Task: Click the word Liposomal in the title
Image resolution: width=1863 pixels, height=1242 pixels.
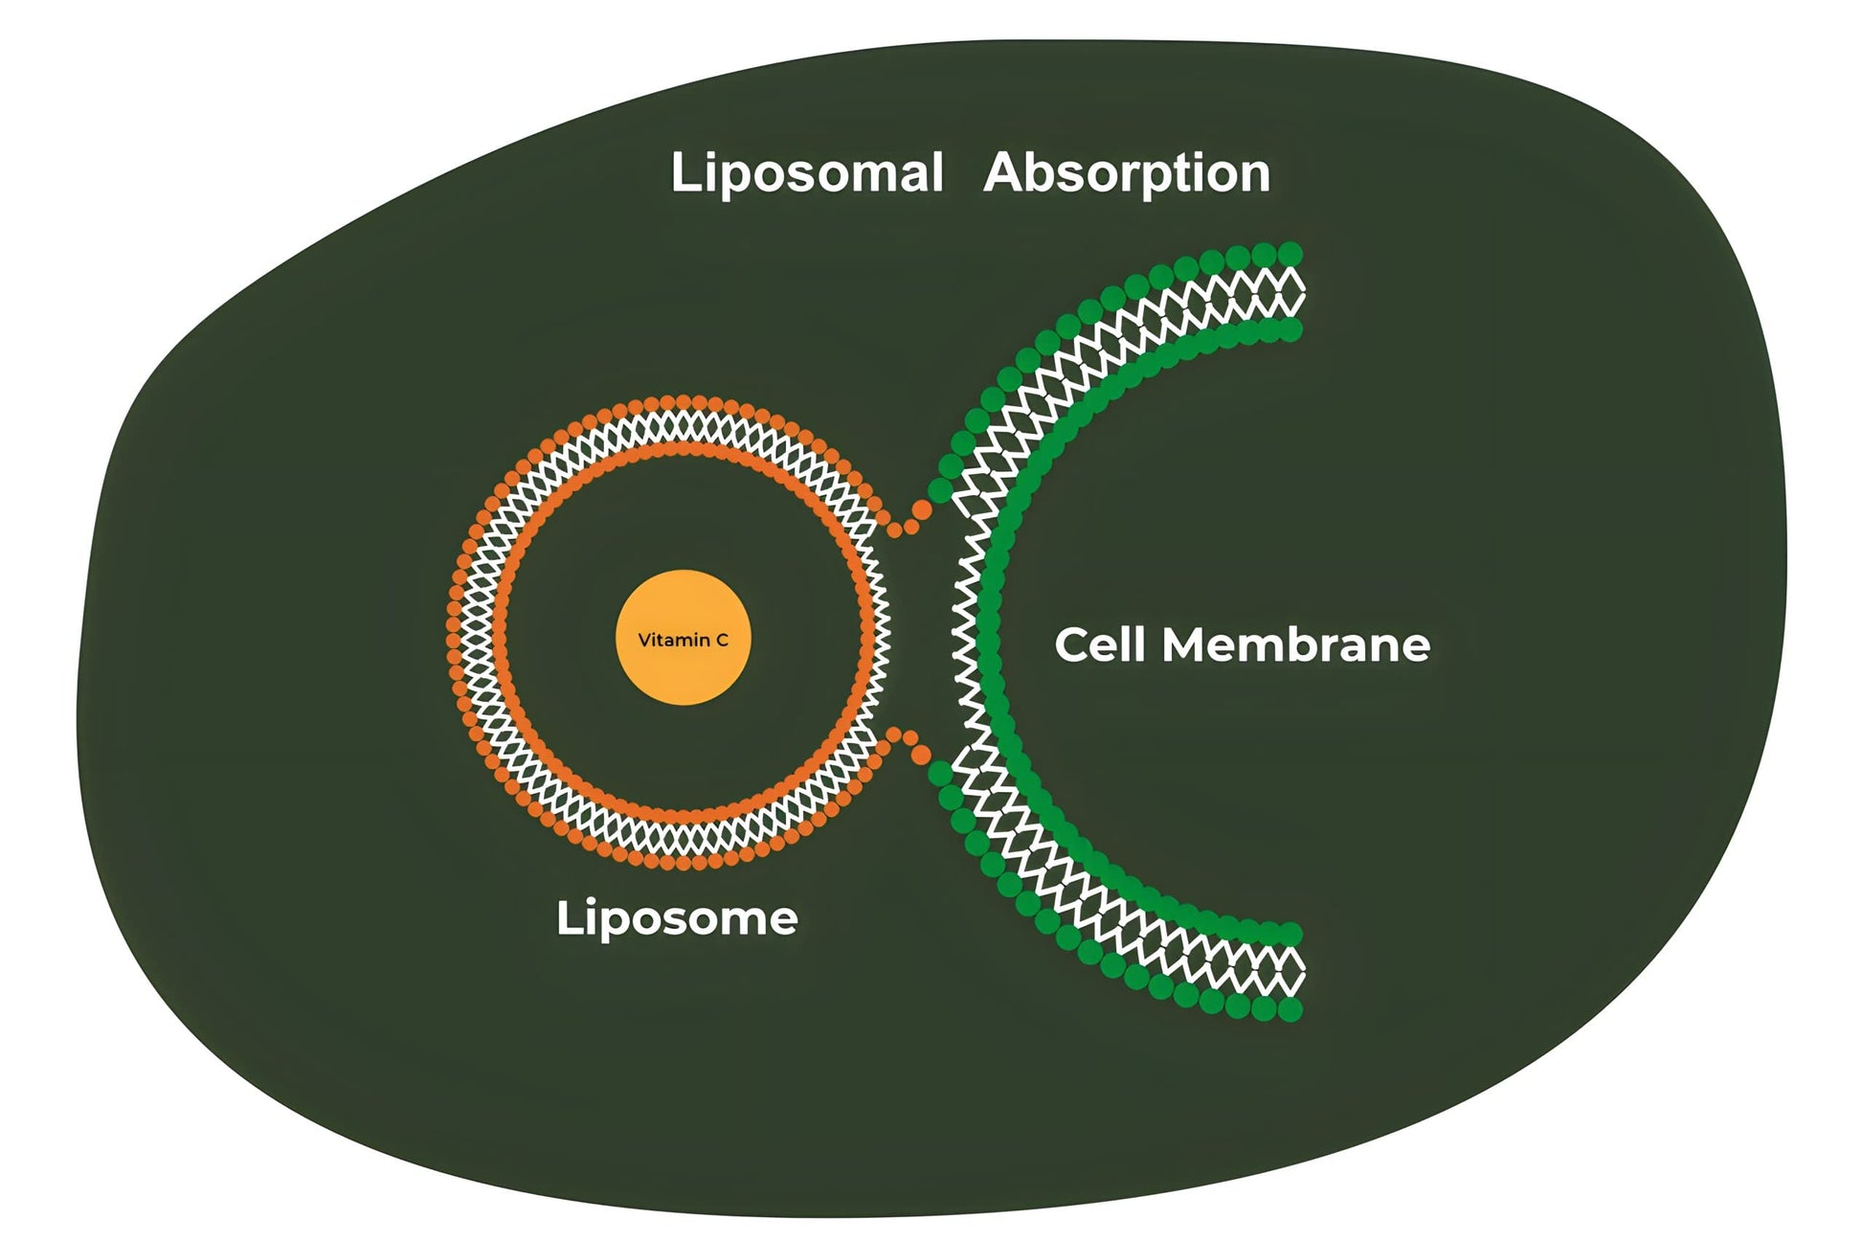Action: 806,174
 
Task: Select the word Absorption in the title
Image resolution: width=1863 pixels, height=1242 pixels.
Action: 1127,174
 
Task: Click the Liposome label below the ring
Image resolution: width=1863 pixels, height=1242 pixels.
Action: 677,918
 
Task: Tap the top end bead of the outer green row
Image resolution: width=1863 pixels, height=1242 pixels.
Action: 1291,254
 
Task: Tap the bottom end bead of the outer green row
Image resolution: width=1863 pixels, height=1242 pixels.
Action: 1291,1009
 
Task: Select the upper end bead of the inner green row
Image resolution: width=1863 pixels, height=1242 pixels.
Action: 1291,330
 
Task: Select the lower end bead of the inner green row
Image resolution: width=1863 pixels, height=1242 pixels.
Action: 1291,934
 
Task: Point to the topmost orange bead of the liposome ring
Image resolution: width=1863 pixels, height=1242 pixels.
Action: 683,401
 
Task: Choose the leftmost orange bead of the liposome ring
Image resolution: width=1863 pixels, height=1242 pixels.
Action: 454,632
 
